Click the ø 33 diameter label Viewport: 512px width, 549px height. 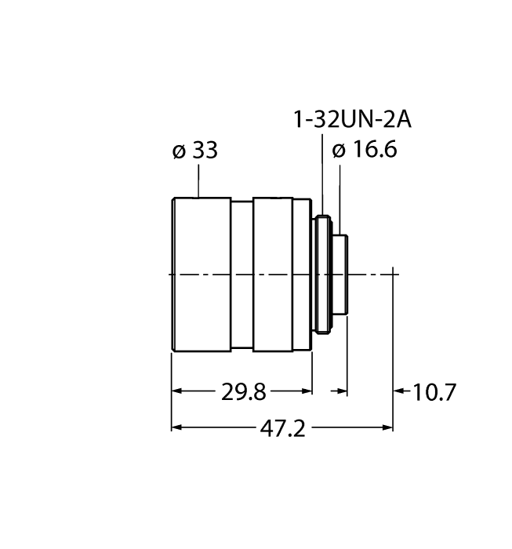[x=194, y=151]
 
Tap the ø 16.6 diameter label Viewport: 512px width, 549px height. [x=365, y=151]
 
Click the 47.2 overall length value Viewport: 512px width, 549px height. [x=281, y=428]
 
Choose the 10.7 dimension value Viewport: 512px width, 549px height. [x=434, y=391]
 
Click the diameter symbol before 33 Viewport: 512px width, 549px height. [x=177, y=151]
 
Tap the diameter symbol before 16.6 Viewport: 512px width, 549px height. [x=338, y=151]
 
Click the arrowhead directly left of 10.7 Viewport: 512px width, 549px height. [x=398, y=391]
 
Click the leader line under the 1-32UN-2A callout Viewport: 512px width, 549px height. [x=321, y=173]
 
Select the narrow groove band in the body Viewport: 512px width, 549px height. [x=241, y=274]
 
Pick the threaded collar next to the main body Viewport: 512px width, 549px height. [x=322, y=274]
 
